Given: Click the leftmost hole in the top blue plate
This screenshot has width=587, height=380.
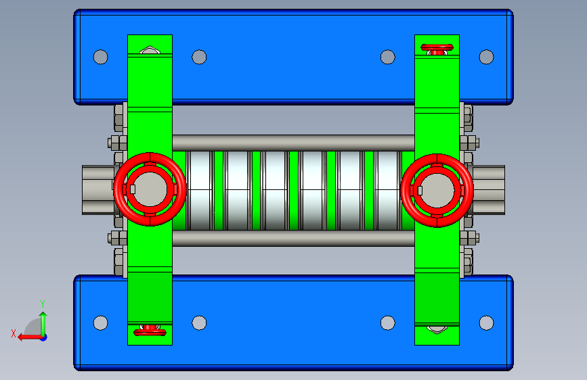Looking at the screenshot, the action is [x=100, y=57].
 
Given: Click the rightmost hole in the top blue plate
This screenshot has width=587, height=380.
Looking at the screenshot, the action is [x=486, y=57].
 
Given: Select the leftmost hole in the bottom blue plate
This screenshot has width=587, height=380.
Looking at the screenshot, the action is [x=100, y=323].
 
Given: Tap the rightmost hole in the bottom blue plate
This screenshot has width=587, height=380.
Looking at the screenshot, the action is [x=486, y=323].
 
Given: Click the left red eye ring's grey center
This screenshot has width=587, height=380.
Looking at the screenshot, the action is [x=150, y=189].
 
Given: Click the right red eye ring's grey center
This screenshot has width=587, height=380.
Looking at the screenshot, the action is [x=437, y=191].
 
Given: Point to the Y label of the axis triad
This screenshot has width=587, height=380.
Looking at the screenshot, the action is [x=43, y=304].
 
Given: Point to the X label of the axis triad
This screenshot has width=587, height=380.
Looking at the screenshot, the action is [x=14, y=333].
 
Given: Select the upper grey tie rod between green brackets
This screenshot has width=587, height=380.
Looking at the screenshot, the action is [x=293, y=143].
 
